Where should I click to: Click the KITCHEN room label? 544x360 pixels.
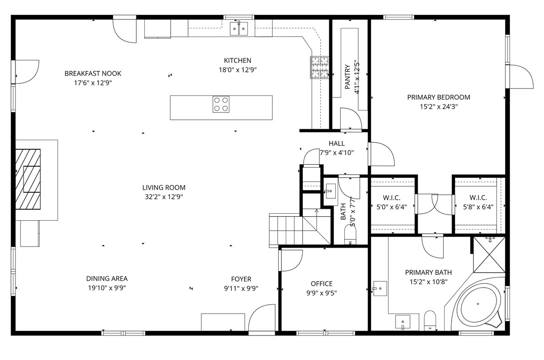coord(238,60)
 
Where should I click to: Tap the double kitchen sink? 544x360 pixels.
coord(239,28)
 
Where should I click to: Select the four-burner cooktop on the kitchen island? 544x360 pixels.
coord(221,104)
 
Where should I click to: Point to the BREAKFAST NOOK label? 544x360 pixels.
coord(93,73)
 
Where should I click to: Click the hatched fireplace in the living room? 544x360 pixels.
coord(28,179)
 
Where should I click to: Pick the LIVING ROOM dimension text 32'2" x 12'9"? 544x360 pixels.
coord(164,197)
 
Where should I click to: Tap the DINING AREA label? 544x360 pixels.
coord(107,279)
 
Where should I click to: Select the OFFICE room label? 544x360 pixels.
coord(322,284)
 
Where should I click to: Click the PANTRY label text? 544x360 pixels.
coord(348,77)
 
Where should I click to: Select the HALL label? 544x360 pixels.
coord(337,143)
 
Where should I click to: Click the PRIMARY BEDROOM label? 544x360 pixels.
coord(439,97)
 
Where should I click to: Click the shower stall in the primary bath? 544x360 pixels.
coord(489,255)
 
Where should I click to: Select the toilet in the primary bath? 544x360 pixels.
coord(430,320)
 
